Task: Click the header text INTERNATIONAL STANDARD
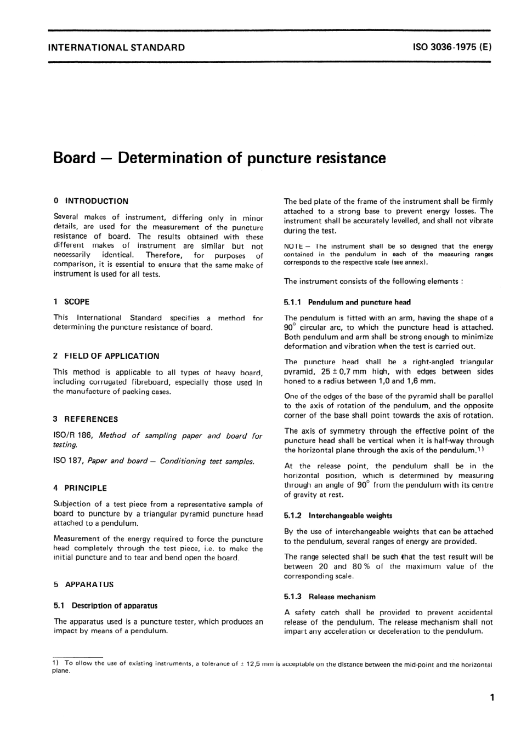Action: click(116, 47)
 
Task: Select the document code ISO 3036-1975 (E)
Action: click(452, 47)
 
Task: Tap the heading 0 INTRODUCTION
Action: click(91, 201)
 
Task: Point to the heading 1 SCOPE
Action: click(71, 302)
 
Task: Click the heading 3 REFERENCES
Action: click(86, 419)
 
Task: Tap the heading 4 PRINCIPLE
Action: click(80, 488)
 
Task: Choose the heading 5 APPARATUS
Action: click(83, 584)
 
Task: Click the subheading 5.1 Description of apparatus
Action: click(106, 606)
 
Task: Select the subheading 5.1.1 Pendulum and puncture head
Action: click(347, 302)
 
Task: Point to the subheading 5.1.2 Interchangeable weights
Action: click(338, 515)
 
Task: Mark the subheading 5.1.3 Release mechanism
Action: click(330, 597)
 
